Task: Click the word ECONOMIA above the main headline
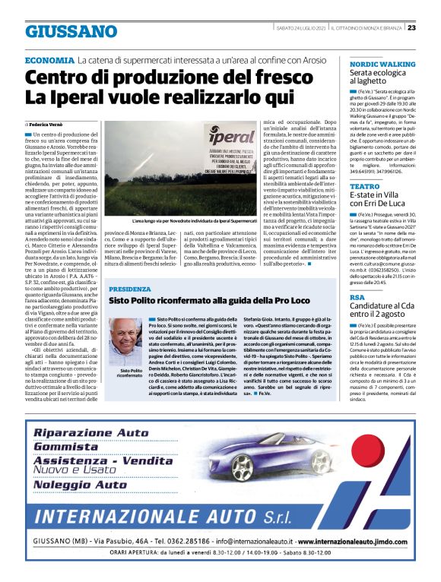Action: [49, 60]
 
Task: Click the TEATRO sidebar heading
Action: [365, 186]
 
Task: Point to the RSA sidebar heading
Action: [357, 297]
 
